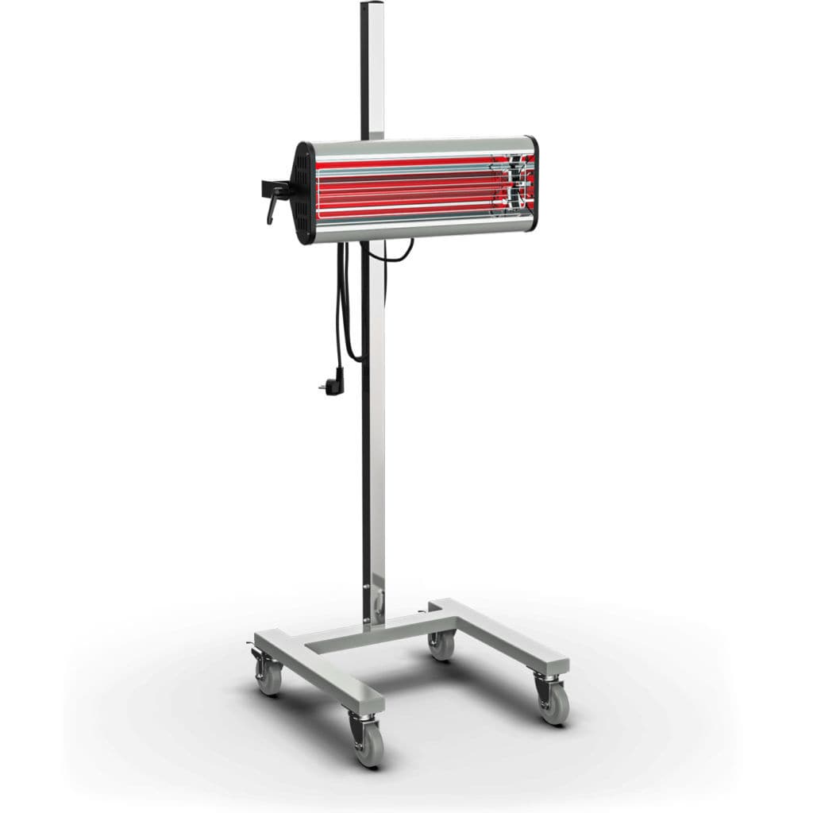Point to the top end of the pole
tap(372, 6)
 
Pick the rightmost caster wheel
tap(553, 704)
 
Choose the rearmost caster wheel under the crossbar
tap(441, 645)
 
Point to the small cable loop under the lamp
tap(401, 252)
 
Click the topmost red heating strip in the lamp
tap(413, 162)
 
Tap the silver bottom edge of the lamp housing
tap(421, 229)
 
